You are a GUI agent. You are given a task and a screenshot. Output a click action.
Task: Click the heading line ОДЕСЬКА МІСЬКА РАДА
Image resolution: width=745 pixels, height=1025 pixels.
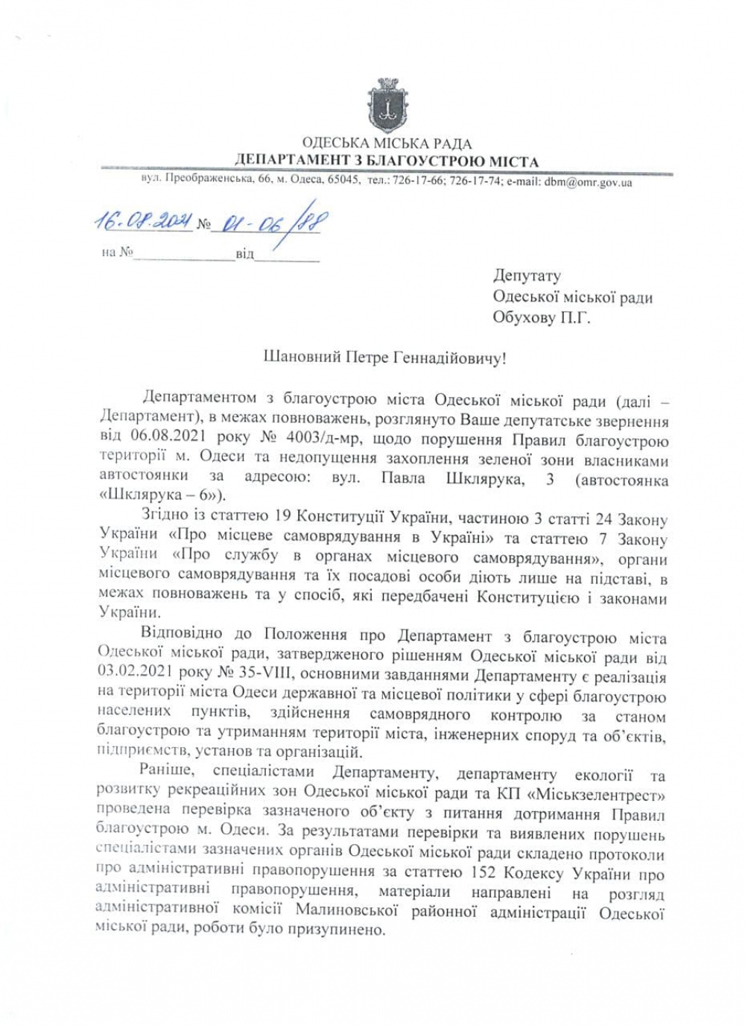pyautogui.click(x=387, y=144)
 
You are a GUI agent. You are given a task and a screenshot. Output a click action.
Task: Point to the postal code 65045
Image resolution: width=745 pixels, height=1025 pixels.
pyautogui.click(x=344, y=180)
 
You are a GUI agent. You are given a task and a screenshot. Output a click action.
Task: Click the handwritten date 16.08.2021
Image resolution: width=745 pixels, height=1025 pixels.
pyautogui.click(x=142, y=222)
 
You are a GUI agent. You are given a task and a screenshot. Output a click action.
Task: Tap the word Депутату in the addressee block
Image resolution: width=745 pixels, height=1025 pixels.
pyautogui.click(x=527, y=276)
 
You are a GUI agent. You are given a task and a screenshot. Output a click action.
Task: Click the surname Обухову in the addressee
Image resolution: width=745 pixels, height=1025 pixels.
pyautogui.click(x=524, y=317)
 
